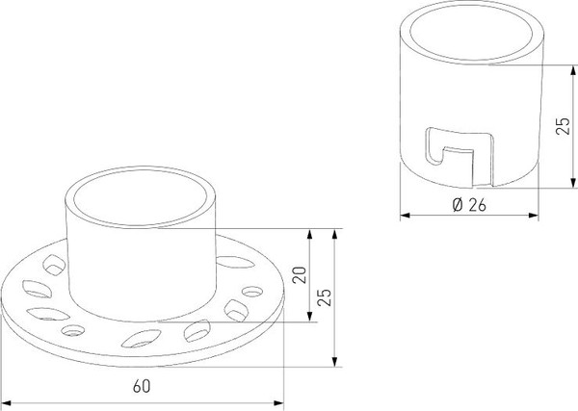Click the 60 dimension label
click(142, 386)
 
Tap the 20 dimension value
click(300, 274)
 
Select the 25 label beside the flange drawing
click(325, 297)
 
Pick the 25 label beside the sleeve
click(563, 126)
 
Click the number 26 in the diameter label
click(478, 205)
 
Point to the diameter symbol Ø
click(458, 205)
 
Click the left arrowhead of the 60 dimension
click(7, 403)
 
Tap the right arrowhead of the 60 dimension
click(278, 403)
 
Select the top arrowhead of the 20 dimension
click(309, 234)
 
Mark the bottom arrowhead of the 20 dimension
click(309, 317)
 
